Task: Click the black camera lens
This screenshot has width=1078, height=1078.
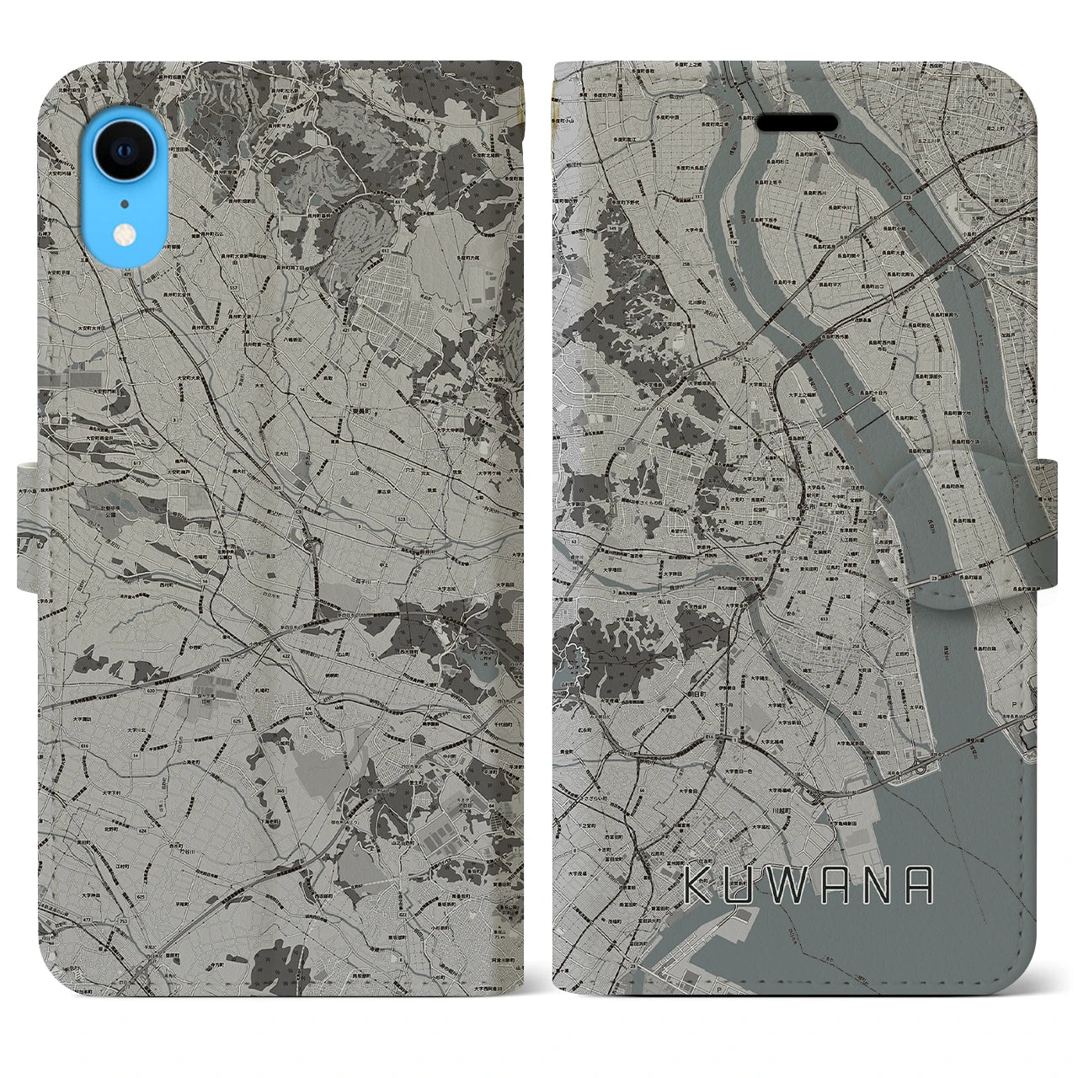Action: click(124, 150)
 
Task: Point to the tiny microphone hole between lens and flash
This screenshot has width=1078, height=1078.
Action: click(125, 203)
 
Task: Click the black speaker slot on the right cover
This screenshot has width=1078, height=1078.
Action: click(796, 123)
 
